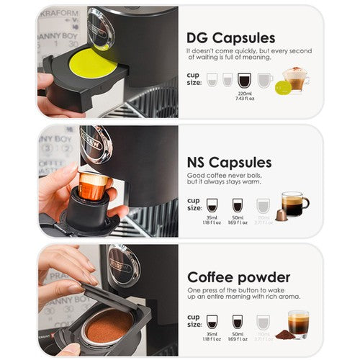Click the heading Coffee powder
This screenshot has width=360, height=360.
point(238,277)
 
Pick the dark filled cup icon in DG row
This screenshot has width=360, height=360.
point(243,80)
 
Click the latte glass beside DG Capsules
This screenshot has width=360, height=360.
point(295,78)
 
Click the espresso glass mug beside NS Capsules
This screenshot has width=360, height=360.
point(294,204)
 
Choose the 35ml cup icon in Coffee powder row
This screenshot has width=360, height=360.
point(212,321)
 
